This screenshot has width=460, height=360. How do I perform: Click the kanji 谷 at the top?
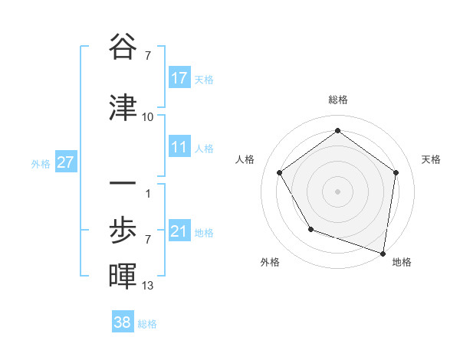pyautogui.click(x=123, y=47)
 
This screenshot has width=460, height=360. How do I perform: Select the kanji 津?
pyautogui.click(x=123, y=108)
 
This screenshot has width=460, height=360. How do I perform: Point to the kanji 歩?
pyautogui.click(x=123, y=231)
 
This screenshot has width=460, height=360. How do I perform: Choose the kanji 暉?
pyautogui.click(x=123, y=277)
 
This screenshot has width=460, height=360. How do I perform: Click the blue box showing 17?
pyautogui.click(x=179, y=78)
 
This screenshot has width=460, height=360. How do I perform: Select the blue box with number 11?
pyautogui.click(x=179, y=147)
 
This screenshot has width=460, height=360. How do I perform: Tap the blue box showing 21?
pyautogui.click(x=179, y=231)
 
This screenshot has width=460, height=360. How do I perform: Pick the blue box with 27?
pyautogui.click(x=65, y=162)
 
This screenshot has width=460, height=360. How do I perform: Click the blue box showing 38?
pyautogui.click(x=123, y=322)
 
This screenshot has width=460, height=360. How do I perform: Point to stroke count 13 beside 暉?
pyautogui.click(x=148, y=286)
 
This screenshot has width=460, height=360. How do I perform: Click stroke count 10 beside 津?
pyautogui.click(x=148, y=117)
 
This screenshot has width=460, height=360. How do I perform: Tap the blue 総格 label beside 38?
pyautogui.click(x=147, y=324)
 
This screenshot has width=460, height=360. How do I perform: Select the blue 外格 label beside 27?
pyautogui.click(x=41, y=163)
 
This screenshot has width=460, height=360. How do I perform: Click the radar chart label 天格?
pyautogui.click(x=431, y=159)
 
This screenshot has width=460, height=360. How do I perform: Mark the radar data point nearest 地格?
pyautogui.click(x=383, y=252)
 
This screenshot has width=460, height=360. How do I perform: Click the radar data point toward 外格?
pyautogui.click(x=310, y=228)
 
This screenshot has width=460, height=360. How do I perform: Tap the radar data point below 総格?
pyautogui.click(x=337, y=130)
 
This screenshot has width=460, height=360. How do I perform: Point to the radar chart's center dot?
pyautogui.click(x=337, y=191)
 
